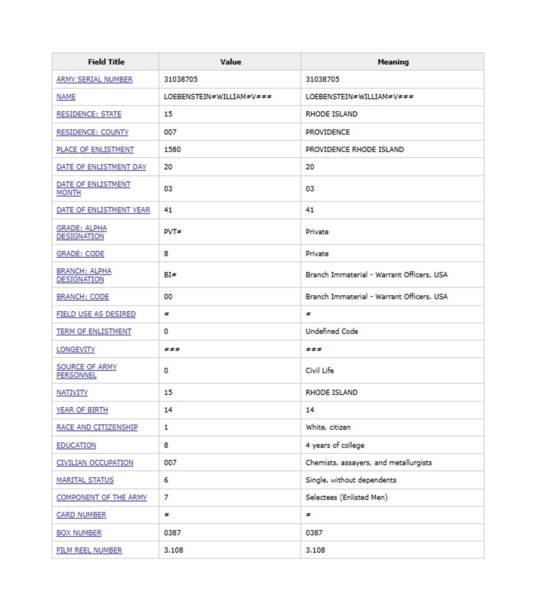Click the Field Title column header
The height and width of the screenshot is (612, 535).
(106, 62)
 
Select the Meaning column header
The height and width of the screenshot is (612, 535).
(393, 62)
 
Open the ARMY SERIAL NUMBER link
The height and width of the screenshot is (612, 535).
(95, 79)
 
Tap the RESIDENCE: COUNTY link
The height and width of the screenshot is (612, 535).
(92, 132)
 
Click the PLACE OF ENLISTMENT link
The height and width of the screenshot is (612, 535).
(95, 149)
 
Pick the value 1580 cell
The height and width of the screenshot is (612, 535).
(173, 149)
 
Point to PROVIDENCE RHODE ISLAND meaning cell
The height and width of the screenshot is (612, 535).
(354, 149)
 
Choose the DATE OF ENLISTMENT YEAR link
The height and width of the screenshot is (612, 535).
(103, 210)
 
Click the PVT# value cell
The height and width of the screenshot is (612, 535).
(173, 232)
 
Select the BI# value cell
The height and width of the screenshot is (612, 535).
(170, 275)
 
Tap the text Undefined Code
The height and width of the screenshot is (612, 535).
(332, 331)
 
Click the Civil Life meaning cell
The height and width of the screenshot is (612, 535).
(320, 370)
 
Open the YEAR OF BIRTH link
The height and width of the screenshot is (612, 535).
(82, 410)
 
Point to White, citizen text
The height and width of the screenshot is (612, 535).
(328, 427)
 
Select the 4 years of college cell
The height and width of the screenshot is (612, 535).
(335, 445)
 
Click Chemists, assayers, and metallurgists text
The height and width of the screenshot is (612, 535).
(369, 463)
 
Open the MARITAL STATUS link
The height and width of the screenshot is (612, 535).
(85, 480)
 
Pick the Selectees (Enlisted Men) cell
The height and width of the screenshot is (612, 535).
(346, 497)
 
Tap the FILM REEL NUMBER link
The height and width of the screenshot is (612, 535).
(89, 550)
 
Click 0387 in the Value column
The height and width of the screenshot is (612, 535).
(173, 533)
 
